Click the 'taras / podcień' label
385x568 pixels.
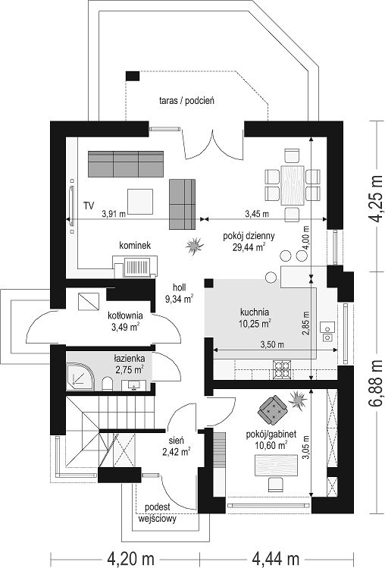click(186, 100)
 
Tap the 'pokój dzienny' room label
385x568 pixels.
click(249, 236)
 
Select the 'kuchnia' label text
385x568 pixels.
click(255, 312)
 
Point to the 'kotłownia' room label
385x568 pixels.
click(125, 315)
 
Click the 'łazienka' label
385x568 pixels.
click(130, 359)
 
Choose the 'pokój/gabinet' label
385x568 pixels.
click(271, 434)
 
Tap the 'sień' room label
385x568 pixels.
click(177, 441)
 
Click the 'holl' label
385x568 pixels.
click(180, 287)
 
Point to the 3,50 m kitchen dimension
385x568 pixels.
click(272, 344)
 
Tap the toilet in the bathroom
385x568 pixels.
click(107, 384)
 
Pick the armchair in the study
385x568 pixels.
click(272, 410)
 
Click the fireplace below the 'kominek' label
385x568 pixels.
click(136, 267)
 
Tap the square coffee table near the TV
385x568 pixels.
click(139, 202)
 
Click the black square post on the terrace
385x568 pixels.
click(132, 76)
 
